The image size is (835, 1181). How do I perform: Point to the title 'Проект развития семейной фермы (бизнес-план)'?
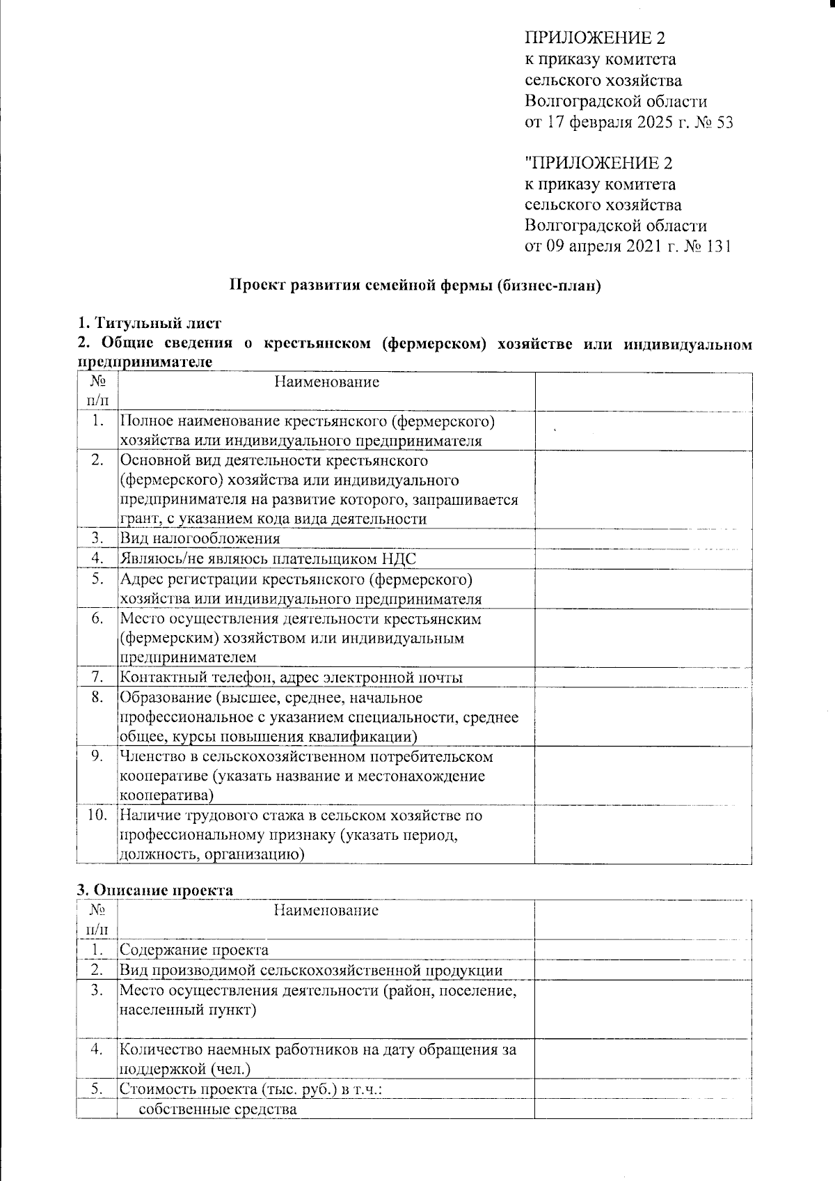415,286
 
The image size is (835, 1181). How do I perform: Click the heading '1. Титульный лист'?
149,323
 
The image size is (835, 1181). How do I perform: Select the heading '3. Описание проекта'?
154,890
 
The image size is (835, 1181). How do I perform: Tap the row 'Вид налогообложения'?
200,539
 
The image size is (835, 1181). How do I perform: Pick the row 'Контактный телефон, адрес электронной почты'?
292,678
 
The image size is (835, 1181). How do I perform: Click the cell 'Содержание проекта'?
194,950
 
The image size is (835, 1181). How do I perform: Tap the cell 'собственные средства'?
218,1109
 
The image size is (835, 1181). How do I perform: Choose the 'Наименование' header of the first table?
326,382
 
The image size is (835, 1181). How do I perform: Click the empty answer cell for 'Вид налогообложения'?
643,539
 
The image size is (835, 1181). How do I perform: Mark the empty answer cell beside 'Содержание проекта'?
643,950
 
